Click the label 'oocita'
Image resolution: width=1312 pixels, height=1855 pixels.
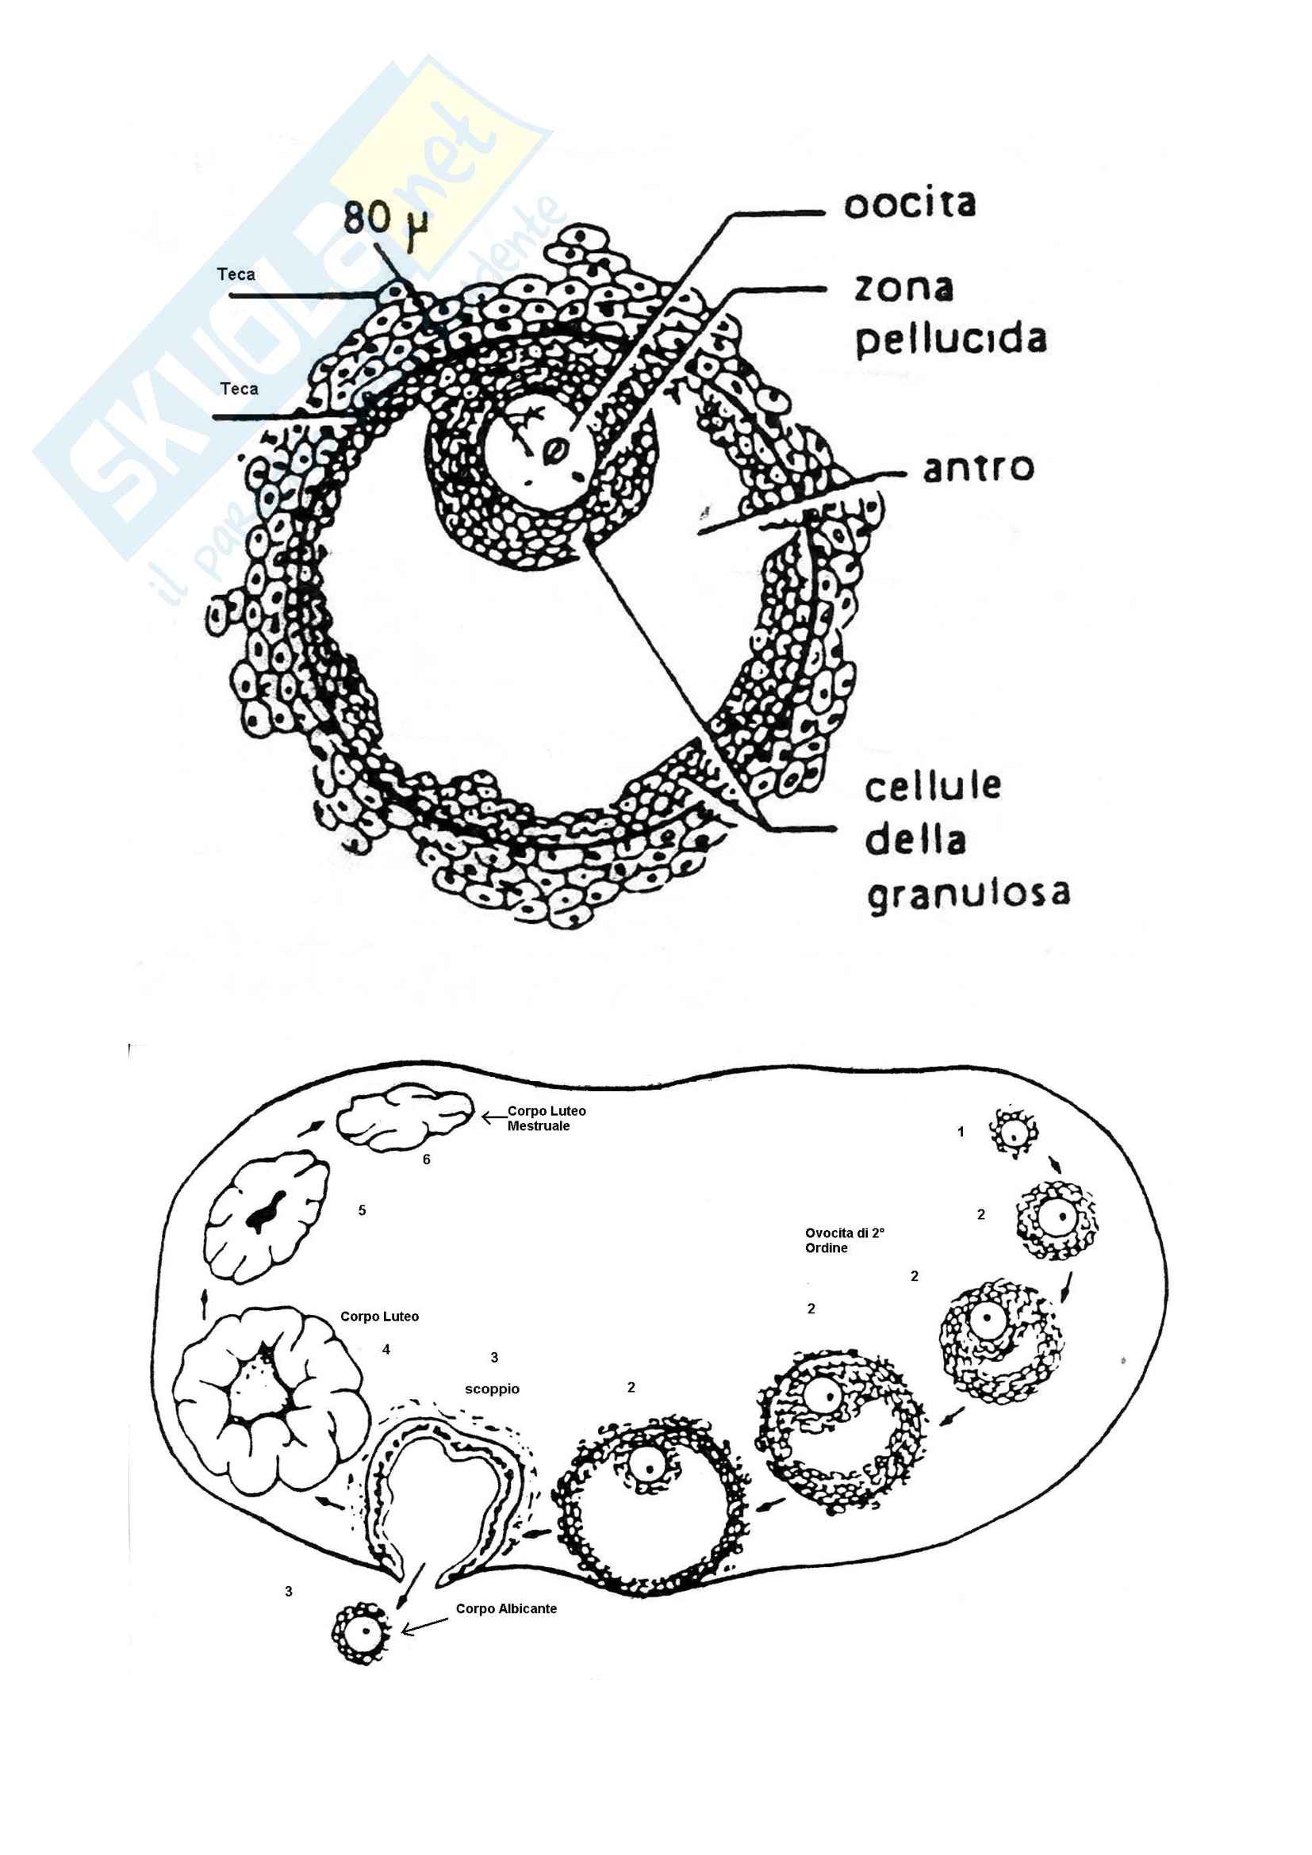pos(910,204)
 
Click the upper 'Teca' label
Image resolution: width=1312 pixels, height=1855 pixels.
pos(236,274)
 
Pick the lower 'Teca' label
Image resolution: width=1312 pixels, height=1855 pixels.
pos(239,389)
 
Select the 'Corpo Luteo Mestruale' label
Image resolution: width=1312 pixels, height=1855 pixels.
pos(546,1118)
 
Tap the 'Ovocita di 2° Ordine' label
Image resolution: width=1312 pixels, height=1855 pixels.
pos(844,1240)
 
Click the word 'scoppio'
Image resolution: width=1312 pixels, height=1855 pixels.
pos(492,1389)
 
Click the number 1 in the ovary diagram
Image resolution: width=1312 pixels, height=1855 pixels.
pos(961,1132)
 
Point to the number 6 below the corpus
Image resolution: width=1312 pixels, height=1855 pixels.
pos(427,1159)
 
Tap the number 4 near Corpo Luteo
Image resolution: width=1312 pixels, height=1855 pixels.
pos(386,1349)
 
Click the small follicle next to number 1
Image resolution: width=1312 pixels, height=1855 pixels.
pos(1012,1132)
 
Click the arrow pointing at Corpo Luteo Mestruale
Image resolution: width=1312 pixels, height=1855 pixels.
pos(493,1118)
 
